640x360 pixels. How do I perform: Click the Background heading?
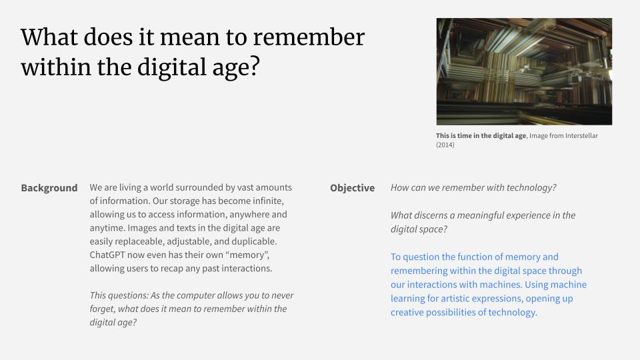pyautogui.click(x=49, y=188)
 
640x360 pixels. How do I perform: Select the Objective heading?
pyautogui.click(x=352, y=188)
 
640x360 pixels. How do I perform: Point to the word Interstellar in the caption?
pyautogui.click(x=581, y=135)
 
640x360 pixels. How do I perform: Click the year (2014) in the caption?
pyautogui.click(x=445, y=145)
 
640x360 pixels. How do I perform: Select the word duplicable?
pyautogui.click(x=255, y=241)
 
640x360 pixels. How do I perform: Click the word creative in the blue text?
pyautogui.click(x=406, y=312)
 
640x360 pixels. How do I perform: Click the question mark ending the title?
pyautogui.click(x=255, y=67)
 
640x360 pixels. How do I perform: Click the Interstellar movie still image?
pyautogui.click(x=524, y=71)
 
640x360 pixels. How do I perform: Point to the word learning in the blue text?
pyautogui.click(x=407, y=299)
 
